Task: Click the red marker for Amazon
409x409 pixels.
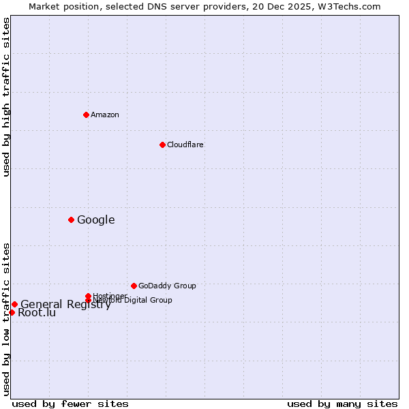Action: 86,115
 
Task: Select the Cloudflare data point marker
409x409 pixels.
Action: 162,145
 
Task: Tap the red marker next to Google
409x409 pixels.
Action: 71,219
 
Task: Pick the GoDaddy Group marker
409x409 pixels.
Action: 134,286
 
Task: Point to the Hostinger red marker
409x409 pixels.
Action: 88,296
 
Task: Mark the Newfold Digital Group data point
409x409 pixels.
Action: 88,301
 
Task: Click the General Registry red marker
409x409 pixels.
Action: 14,304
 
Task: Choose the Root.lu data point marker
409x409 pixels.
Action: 12,312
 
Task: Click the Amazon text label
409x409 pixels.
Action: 105,115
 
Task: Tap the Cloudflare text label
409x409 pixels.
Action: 185,145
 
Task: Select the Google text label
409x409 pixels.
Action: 96,219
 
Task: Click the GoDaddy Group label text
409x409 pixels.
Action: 167,286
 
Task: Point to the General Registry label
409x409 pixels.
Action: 65,305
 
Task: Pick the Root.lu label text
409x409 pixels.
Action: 37,313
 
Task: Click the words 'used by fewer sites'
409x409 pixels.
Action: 70,404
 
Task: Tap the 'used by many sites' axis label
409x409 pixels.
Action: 342,404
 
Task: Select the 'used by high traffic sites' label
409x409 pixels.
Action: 6,97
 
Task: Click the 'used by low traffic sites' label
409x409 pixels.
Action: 6,319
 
